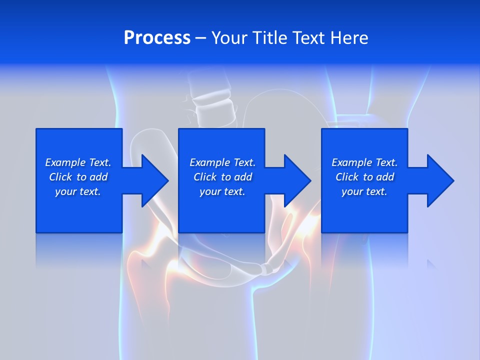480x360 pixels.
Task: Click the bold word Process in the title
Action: pos(157,38)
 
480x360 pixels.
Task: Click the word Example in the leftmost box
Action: pos(65,162)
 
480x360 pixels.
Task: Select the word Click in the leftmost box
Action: pos(60,177)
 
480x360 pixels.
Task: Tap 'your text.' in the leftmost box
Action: pos(78,191)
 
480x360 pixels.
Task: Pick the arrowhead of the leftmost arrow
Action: pos(155,180)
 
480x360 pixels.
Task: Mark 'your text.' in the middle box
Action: pos(222,191)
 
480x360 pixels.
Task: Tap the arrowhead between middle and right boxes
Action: pos(298,180)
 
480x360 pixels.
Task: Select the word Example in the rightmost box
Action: pos(352,162)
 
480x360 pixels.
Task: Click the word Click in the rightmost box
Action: pos(347,177)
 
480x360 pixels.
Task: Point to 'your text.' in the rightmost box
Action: pos(364,191)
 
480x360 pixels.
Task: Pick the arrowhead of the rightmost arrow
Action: pos(440,180)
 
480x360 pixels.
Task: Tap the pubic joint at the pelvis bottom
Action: pos(267,268)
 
